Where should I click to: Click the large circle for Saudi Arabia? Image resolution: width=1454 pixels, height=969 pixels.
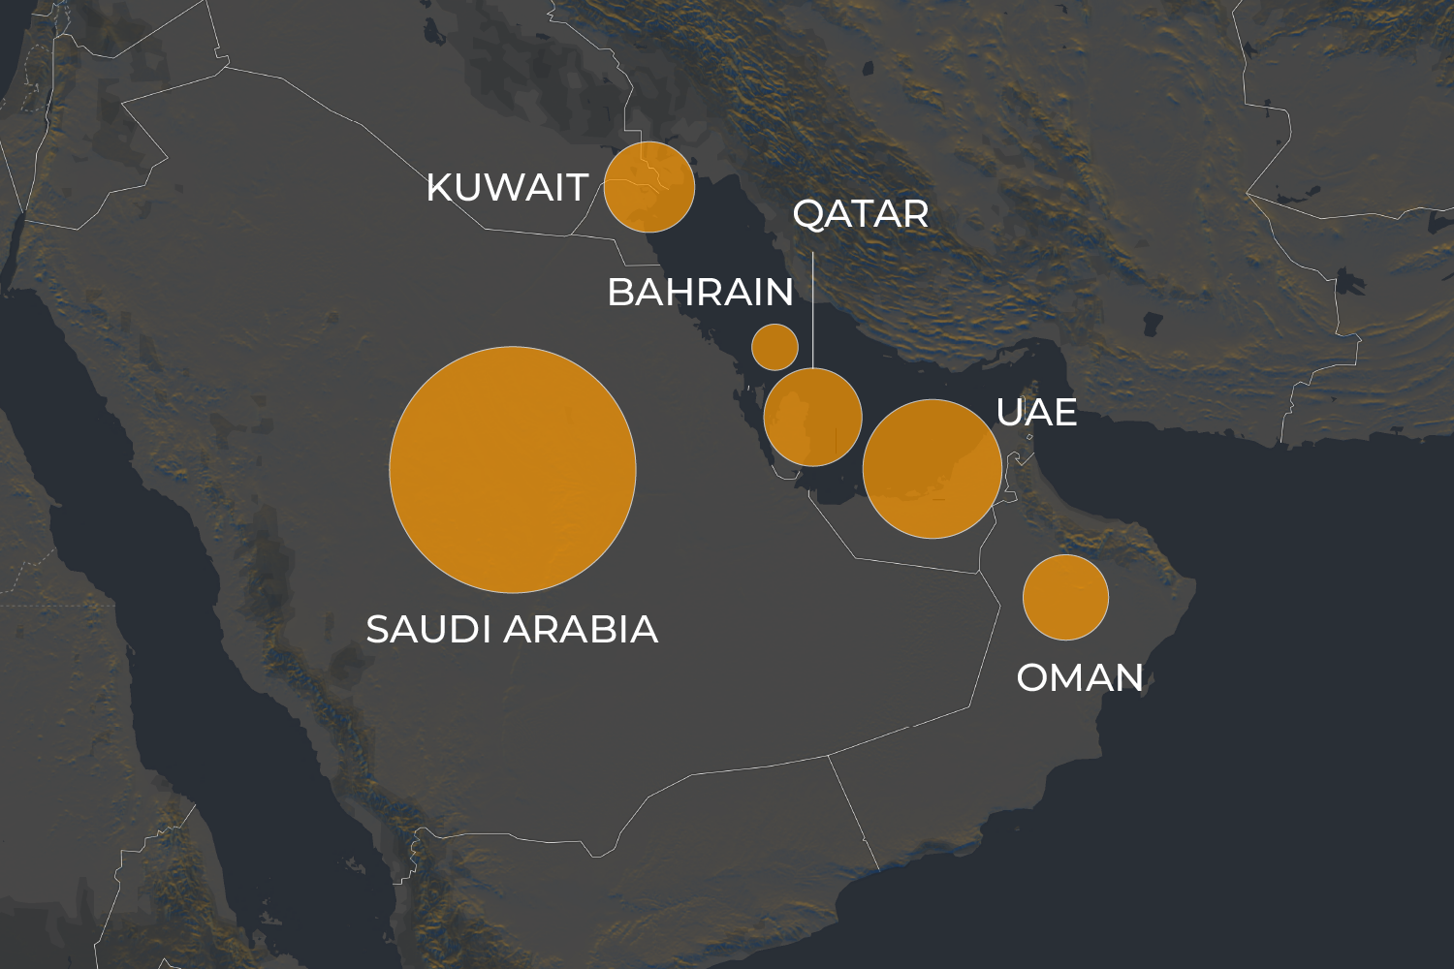coord(513,469)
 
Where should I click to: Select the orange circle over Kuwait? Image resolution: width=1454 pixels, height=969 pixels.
coord(649,187)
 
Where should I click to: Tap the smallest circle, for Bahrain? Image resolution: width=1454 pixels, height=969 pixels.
coord(774,346)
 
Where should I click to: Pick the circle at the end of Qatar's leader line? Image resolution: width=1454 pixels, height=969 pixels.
coord(812,418)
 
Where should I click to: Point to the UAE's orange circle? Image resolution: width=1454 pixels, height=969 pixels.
coord(932,469)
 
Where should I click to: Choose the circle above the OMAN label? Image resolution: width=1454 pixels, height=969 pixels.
coord(1065,597)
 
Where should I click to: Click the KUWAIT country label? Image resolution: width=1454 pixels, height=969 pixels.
coord(507,188)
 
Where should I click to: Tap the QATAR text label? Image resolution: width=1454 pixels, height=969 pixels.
coord(861,214)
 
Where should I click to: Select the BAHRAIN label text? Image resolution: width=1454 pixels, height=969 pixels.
coord(700,292)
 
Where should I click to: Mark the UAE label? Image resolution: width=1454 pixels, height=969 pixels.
coord(1036,413)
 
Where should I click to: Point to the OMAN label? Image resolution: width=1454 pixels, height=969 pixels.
coord(1080,678)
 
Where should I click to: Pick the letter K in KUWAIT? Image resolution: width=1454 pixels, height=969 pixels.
coord(439,188)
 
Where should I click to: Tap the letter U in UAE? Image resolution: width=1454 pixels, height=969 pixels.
coord(1009,413)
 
